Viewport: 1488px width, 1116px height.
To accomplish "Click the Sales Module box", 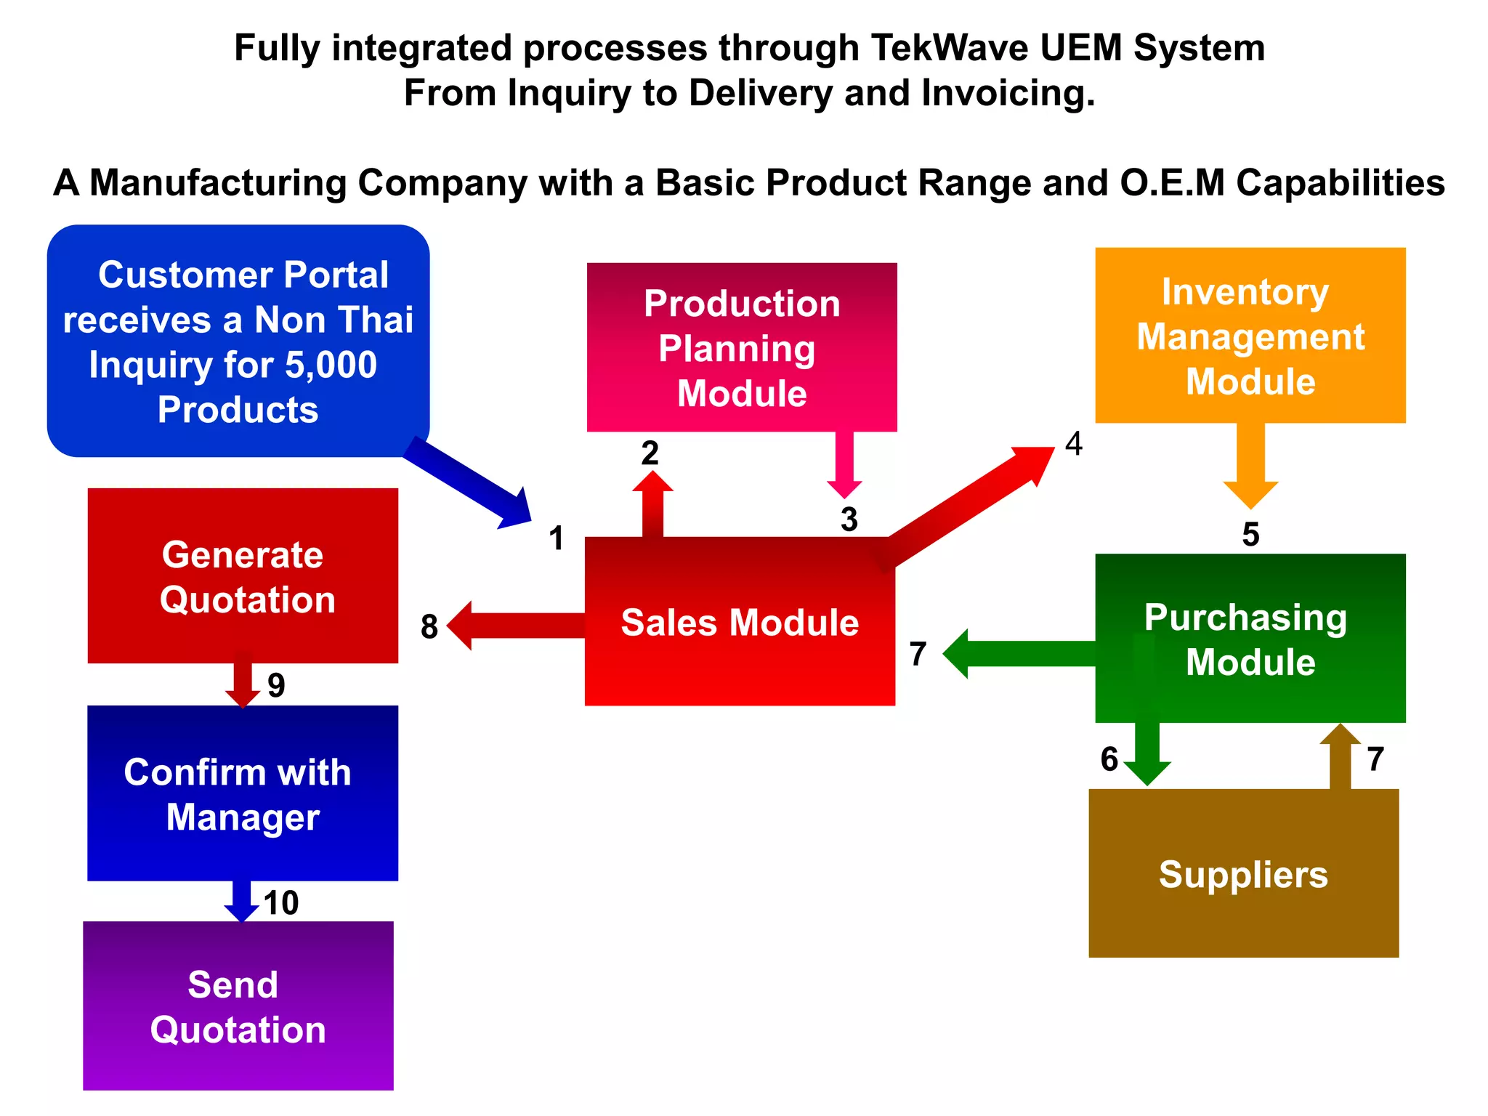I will pos(740,639).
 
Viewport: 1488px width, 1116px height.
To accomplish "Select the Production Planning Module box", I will pos(741,347).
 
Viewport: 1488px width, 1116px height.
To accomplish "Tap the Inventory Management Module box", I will pos(1250,336).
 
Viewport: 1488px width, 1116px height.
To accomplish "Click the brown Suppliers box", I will pos(1243,873).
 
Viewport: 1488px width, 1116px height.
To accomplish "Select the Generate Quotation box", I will pos(243,575).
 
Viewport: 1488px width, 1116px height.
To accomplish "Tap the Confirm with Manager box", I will pos(243,793).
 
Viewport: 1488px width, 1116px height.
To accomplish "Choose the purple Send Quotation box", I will pos(238,1006).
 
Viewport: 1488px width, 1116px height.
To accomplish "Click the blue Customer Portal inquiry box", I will pos(238,341).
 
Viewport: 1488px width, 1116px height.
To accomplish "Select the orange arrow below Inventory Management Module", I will pos(1250,465).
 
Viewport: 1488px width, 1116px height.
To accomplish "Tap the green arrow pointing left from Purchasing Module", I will pos(1017,654).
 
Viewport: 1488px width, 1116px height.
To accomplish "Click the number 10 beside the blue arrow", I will pos(281,903).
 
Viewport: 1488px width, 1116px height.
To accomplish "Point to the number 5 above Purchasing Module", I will pos(1250,535).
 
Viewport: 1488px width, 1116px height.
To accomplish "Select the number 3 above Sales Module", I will pos(849,519).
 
